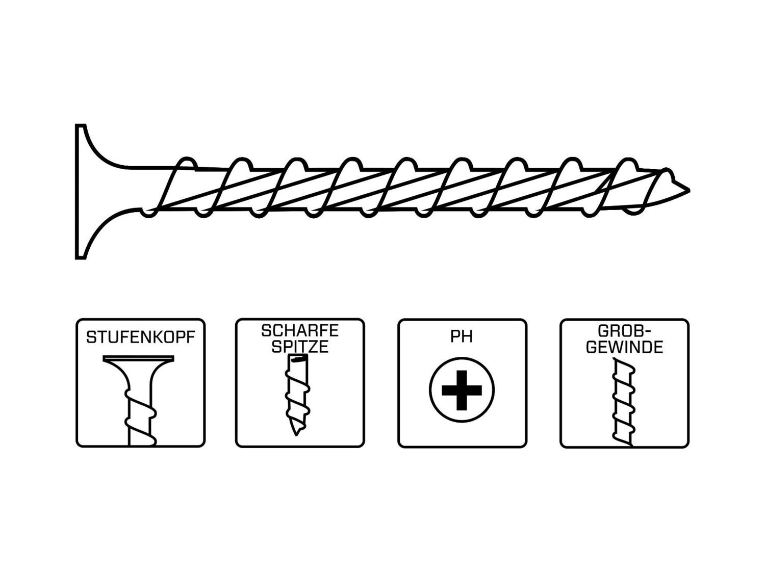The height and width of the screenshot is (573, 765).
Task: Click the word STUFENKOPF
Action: click(x=140, y=337)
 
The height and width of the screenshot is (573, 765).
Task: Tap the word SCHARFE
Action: click(x=300, y=330)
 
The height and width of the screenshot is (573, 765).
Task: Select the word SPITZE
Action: click(x=300, y=347)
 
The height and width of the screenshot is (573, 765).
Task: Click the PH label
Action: click(x=462, y=337)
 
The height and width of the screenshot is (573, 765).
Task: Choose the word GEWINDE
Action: click(x=624, y=347)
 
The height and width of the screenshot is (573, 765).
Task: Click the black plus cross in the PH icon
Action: click(x=462, y=390)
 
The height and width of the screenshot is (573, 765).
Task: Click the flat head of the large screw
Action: click(x=80, y=191)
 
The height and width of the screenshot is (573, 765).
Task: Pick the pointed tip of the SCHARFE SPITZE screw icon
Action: click(x=296, y=435)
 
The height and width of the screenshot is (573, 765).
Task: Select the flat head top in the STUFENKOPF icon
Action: click(x=138, y=358)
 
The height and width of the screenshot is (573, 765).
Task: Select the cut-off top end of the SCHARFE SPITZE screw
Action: click(x=297, y=358)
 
